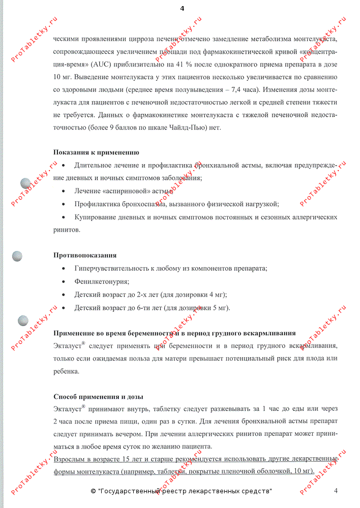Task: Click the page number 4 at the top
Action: coord(182,8)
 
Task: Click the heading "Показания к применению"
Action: coord(96,152)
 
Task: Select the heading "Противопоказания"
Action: coord(85,255)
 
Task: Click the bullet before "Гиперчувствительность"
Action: coord(63,269)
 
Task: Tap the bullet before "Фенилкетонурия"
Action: coord(63,281)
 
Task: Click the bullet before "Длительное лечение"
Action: coord(63,166)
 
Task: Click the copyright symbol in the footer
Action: coord(93,491)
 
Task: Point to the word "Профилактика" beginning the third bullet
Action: coord(97,204)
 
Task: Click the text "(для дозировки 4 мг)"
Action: coord(193,295)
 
